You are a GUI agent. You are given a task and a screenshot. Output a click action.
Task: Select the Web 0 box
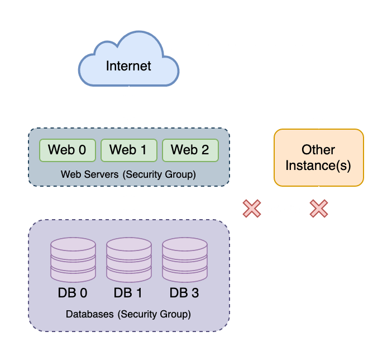[x=67, y=150]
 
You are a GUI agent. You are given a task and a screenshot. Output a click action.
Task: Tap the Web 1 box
[x=128, y=150]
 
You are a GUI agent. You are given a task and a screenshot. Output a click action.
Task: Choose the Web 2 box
[x=190, y=150]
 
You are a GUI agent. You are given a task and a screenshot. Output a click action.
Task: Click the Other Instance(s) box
[x=318, y=158]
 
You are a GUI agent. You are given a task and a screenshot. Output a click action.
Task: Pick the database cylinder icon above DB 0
[x=73, y=260]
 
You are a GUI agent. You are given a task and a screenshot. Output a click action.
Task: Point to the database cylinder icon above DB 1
[x=128, y=260]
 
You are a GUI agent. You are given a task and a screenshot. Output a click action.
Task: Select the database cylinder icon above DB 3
[x=184, y=260]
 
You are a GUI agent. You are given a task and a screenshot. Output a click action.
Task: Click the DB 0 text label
[x=73, y=293]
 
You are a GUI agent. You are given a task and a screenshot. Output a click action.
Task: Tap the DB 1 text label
[x=128, y=293]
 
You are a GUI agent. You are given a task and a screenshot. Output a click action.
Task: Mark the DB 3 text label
[x=184, y=293]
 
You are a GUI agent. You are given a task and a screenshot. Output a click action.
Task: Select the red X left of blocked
[x=252, y=209]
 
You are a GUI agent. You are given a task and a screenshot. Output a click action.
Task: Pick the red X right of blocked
[x=319, y=209]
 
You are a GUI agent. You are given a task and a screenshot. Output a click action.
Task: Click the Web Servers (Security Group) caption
[x=128, y=174]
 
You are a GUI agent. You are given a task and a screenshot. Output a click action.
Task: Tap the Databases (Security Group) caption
[x=128, y=314]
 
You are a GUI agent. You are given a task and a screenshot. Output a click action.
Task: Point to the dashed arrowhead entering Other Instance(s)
[x=319, y=124]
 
